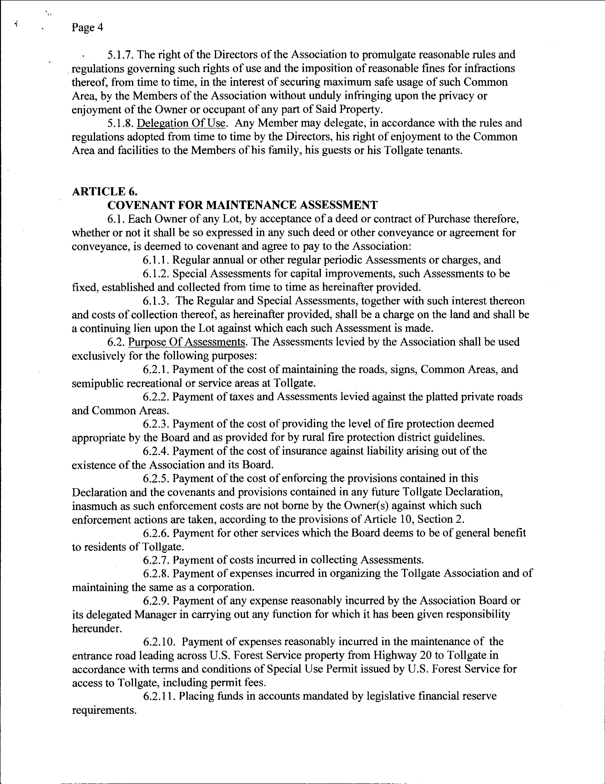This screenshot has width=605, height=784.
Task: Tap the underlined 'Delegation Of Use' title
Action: click(x=182, y=123)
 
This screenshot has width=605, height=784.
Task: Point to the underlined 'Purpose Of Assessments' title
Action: click(x=187, y=342)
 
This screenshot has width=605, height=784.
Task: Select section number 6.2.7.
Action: click(x=156, y=560)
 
